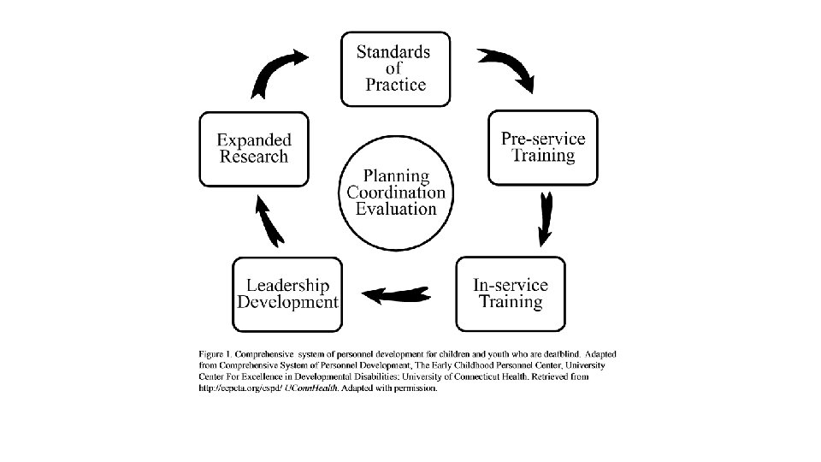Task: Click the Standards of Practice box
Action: coord(395,68)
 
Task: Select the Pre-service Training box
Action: coord(543,146)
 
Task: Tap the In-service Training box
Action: coord(511,293)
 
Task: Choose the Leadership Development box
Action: coord(287,293)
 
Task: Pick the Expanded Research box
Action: coord(254,147)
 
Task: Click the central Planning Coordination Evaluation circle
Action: coord(396,192)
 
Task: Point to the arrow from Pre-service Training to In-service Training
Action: coord(545,219)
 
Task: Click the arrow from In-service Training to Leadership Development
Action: coord(395,294)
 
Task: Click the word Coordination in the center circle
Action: coord(396,192)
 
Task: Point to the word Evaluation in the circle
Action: coord(396,209)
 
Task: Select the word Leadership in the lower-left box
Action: coord(287,285)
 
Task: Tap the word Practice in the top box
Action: coord(395,85)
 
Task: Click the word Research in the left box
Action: coord(254,157)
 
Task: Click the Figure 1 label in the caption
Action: coord(215,353)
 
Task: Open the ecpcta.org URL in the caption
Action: coord(240,388)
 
